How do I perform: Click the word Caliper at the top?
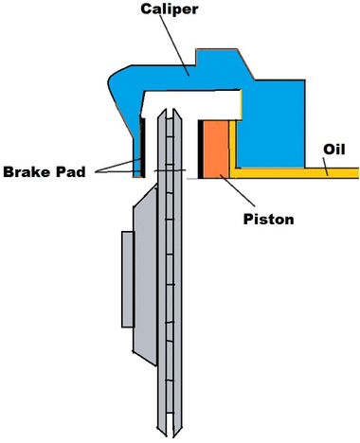170,9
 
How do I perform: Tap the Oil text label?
334,150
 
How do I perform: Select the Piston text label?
268,219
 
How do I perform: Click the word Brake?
27,172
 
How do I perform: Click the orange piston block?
216,150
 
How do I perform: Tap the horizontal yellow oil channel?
295,173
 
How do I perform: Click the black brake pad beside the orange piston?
200,150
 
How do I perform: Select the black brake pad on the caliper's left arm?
143,148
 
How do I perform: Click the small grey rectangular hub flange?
128,279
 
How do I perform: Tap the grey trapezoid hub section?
145,275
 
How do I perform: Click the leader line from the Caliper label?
174,44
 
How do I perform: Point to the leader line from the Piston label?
238,190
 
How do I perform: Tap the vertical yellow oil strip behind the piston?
232,145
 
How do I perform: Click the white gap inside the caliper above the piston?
192,104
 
